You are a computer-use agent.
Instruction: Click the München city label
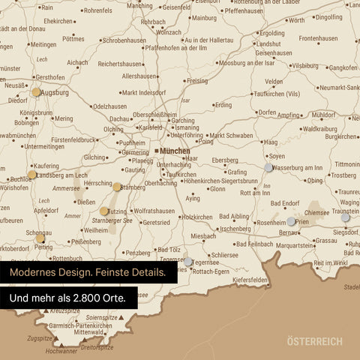point(175,151)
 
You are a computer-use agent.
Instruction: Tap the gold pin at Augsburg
point(36,92)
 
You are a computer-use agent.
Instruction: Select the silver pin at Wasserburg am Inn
point(268,167)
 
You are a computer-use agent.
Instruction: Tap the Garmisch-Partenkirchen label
point(81,325)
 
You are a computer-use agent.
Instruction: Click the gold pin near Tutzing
point(104,211)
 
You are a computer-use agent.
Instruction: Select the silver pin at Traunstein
point(346,217)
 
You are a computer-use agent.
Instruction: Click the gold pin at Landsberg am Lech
point(31,175)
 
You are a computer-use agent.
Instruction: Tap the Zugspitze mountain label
point(39,338)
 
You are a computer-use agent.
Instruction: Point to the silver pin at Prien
point(291,221)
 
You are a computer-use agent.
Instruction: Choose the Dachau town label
point(120,118)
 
